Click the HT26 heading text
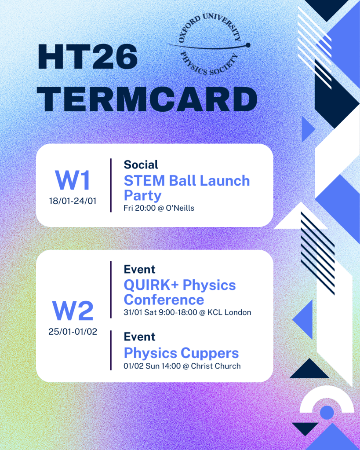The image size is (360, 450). point(88,57)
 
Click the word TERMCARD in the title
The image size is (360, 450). point(147,99)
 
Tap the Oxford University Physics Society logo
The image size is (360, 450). point(210,44)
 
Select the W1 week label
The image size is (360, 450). point(73,180)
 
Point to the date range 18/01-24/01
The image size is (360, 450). point(73,201)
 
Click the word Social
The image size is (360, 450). point(141,165)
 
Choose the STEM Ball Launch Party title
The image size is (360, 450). point(187,188)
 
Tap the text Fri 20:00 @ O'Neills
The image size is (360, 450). point(159,208)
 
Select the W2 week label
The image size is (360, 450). point(73,311)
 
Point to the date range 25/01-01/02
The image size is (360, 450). point(73,332)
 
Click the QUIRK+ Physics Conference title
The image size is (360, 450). point(180,292)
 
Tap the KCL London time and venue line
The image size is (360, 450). point(187,312)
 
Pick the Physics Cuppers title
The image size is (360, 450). point(181,353)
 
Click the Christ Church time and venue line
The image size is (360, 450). point(182,366)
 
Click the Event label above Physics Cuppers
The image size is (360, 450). point(139,337)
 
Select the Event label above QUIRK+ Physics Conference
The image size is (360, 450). point(139,269)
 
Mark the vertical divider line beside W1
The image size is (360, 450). point(111,185)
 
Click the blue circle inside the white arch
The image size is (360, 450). point(327,413)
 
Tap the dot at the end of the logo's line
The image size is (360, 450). point(248,45)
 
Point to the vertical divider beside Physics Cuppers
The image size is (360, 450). point(111,351)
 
